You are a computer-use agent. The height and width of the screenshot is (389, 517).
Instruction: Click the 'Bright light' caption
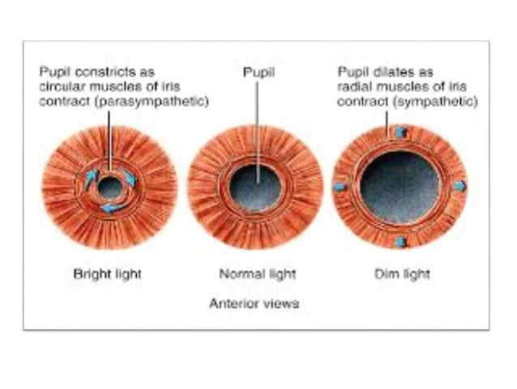(x=108, y=274)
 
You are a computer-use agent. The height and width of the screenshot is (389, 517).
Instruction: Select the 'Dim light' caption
(x=403, y=274)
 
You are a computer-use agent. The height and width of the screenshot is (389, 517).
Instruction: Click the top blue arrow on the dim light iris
(x=399, y=132)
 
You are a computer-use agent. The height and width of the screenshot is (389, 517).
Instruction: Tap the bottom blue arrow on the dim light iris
(x=399, y=242)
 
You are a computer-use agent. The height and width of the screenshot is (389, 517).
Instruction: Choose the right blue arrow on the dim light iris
(x=459, y=186)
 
